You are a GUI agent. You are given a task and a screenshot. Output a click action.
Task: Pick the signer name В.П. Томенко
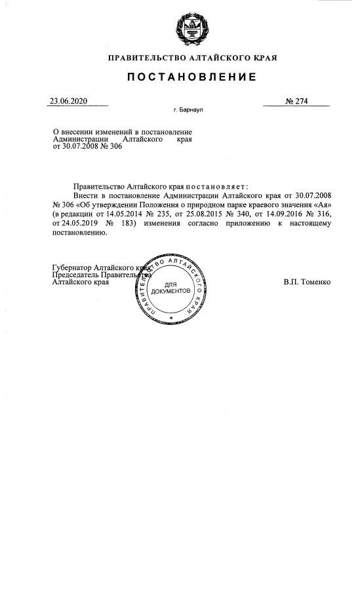coord(307,282)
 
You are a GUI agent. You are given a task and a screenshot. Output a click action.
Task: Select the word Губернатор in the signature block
coord(72,267)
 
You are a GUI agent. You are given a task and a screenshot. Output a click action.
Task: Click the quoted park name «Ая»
coord(321,204)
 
